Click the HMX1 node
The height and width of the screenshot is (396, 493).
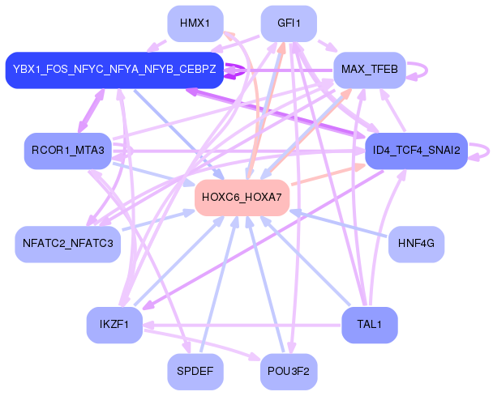click(x=195, y=23)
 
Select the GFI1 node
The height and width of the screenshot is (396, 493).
click(x=289, y=23)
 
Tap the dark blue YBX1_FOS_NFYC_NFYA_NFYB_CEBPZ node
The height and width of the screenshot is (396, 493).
click(x=114, y=70)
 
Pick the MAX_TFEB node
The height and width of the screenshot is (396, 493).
click(x=370, y=70)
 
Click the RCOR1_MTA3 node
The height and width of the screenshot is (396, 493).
click(x=68, y=151)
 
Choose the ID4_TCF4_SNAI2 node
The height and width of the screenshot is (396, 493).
click(x=416, y=151)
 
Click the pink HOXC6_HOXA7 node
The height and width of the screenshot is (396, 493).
click(x=242, y=198)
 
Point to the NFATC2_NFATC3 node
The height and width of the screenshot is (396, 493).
click(x=68, y=244)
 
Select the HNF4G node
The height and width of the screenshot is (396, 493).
click(x=416, y=244)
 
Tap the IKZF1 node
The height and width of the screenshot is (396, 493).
click(x=114, y=325)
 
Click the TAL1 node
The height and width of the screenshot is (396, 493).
click(x=370, y=325)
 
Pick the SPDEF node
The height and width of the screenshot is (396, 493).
click(x=195, y=372)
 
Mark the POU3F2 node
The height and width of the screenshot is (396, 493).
click(x=289, y=372)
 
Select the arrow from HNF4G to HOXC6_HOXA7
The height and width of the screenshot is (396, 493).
click(x=337, y=224)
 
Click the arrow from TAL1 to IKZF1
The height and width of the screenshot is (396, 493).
click(x=242, y=325)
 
